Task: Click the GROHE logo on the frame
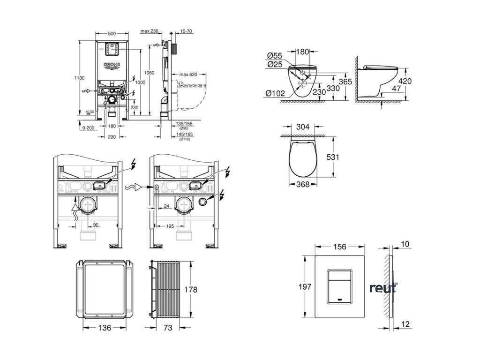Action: click(112, 65)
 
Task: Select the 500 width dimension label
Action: click(112, 33)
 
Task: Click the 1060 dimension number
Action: click(150, 73)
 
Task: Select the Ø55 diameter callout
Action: click(275, 56)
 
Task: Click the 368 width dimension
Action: click(303, 185)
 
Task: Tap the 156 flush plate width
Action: click(339, 247)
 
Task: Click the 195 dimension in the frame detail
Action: click(170, 226)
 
